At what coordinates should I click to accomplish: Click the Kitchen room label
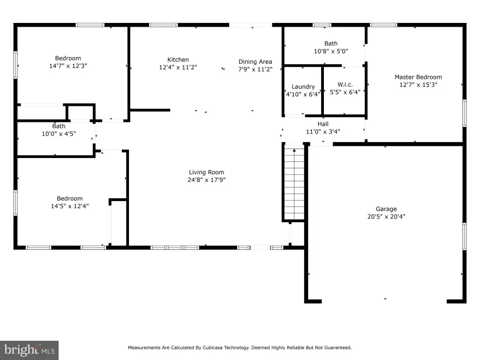click(x=178, y=60)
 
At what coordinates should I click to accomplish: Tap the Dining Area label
click(x=255, y=61)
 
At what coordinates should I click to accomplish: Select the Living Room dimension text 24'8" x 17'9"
click(x=206, y=180)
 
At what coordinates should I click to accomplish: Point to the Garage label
click(x=386, y=209)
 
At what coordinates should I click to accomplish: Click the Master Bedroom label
click(x=418, y=77)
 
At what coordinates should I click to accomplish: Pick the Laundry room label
click(x=303, y=87)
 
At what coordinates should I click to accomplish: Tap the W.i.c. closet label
click(x=345, y=84)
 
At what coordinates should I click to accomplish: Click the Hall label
click(x=323, y=124)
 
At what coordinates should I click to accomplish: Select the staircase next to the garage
click(x=294, y=183)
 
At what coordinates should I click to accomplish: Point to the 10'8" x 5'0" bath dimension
click(x=331, y=51)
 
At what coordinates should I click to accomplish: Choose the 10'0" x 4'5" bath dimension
click(x=59, y=134)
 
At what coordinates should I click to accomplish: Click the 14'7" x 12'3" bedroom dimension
click(x=68, y=66)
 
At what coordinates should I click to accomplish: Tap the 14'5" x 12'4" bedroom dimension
click(x=70, y=206)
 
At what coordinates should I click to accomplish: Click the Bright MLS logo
click(x=29, y=350)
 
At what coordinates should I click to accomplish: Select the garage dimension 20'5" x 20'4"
click(x=386, y=217)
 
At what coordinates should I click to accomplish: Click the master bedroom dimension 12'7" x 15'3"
click(x=418, y=85)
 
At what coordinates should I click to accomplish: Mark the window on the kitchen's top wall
click(x=164, y=25)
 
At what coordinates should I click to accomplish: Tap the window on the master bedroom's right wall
click(x=465, y=113)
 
